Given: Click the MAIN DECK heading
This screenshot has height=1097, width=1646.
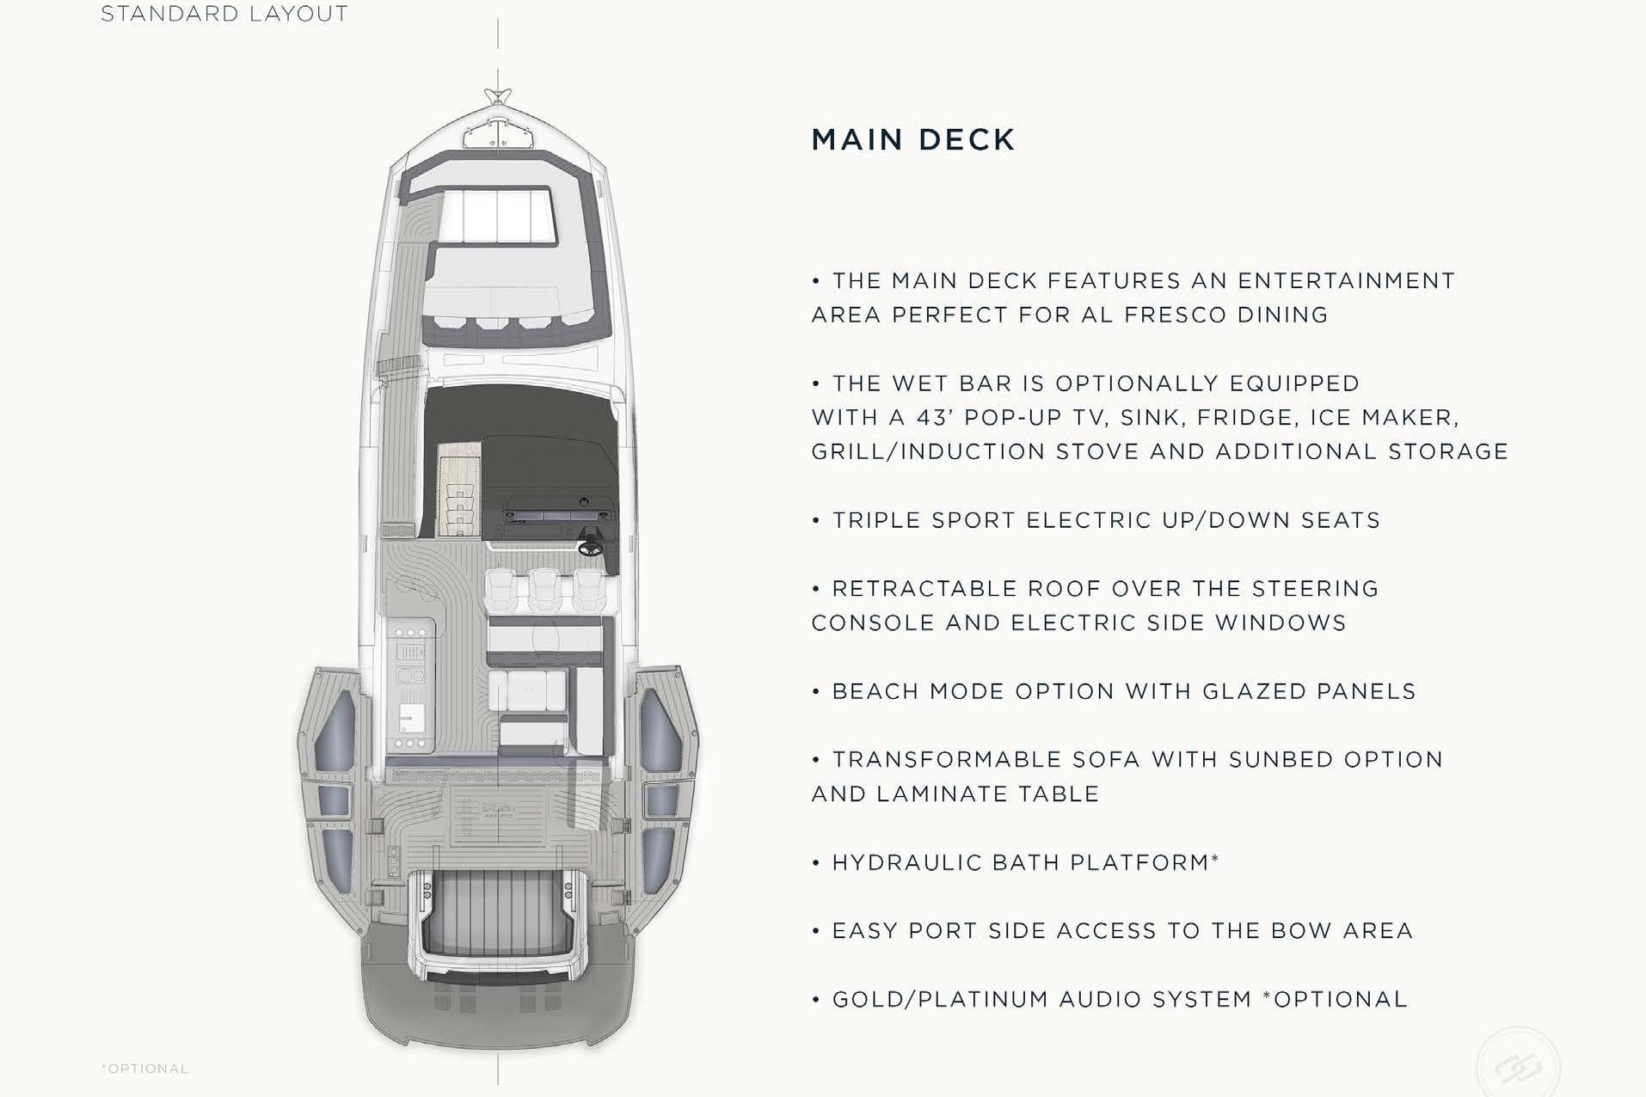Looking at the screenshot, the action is pyautogui.click(x=913, y=139).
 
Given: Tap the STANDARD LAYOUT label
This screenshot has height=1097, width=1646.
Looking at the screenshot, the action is pyautogui.click(x=224, y=14).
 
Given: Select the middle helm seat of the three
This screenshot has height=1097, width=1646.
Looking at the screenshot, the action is pyautogui.click(x=544, y=590).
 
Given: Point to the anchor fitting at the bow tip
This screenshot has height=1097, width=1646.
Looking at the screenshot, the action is pyautogui.click(x=498, y=96).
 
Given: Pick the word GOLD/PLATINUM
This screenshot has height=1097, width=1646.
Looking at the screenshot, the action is pyautogui.click(x=940, y=999).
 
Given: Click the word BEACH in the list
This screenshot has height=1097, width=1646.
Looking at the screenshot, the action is pyautogui.click(x=873, y=691).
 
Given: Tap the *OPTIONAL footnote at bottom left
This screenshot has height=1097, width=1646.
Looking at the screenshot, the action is pyautogui.click(x=144, y=1069).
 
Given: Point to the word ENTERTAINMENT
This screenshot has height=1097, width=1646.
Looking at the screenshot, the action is pyautogui.click(x=1346, y=281).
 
